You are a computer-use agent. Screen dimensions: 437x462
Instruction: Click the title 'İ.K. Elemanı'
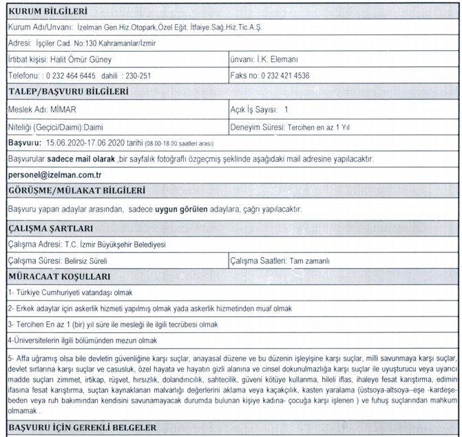(x=281, y=59)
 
